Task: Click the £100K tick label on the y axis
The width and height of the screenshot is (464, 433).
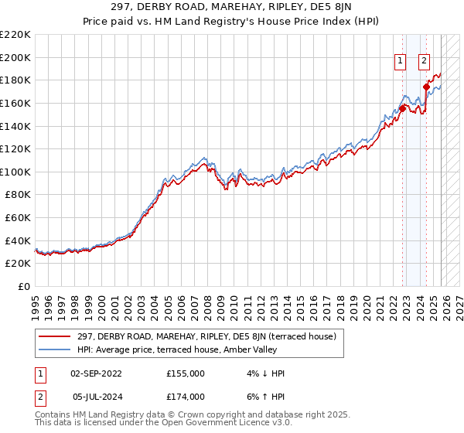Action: (x=15, y=172)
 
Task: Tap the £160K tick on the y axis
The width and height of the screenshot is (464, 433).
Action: (x=15, y=103)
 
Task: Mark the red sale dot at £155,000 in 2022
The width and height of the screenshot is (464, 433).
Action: (x=403, y=109)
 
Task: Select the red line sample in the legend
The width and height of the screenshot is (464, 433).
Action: (x=55, y=336)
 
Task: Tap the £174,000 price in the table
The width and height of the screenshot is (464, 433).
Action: (x=185, y=397)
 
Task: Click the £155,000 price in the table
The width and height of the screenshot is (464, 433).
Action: (x=185, y=373)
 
